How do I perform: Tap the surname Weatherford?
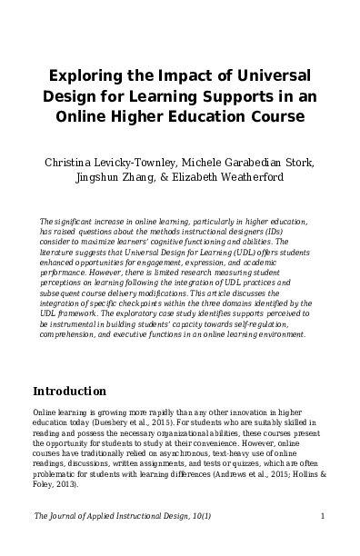coord(260,180)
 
